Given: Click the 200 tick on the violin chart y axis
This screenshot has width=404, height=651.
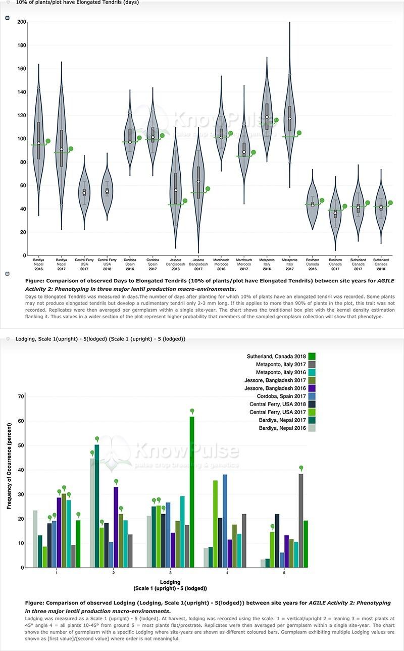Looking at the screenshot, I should point(21,22).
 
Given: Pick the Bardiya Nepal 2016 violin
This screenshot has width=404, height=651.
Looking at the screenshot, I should point(38,141).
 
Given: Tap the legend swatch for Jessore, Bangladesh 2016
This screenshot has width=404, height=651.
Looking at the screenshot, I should point(312,388).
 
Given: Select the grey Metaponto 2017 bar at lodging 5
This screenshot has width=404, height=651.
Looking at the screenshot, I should point(301,520).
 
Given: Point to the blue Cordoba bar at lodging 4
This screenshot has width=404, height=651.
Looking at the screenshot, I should point(225,521).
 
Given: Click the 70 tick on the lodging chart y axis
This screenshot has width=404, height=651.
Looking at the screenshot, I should point(21,396).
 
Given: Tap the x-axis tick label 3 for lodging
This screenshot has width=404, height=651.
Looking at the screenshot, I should point(170,573).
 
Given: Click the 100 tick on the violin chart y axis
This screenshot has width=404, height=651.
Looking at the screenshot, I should point(21,139).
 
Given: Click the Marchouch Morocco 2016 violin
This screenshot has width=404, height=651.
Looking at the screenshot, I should point(221,131).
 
